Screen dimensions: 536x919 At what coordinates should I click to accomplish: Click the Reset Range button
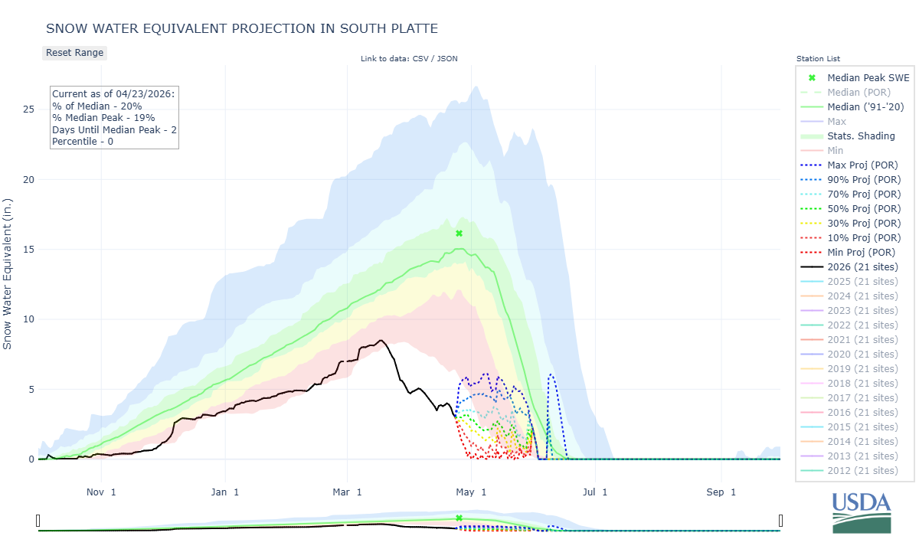click(74, 53)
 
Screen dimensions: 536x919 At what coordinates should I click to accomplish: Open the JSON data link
click(447, 58)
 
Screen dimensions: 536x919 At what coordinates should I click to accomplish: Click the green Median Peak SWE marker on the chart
click(459, 234)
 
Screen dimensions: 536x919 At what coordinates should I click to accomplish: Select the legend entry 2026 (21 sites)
click(862, 266)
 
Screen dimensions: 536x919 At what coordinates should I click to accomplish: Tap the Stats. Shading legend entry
click(861, 136)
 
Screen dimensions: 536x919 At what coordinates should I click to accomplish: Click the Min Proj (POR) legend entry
click(861, 252)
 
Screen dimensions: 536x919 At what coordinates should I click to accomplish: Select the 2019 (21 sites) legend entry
click(862, 368)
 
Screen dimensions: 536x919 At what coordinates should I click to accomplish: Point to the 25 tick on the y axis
click(28, 109)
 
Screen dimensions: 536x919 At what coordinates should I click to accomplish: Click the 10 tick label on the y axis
click(28, 319)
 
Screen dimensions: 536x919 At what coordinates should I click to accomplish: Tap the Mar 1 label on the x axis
click(347, 492)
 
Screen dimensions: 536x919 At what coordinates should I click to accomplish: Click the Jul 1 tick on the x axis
click(594, 492)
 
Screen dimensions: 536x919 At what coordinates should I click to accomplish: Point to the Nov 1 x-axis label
click(101, 492)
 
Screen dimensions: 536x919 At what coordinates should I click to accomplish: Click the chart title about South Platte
click(242, 28)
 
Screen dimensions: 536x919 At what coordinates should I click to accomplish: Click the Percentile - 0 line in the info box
click(83, 142)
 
